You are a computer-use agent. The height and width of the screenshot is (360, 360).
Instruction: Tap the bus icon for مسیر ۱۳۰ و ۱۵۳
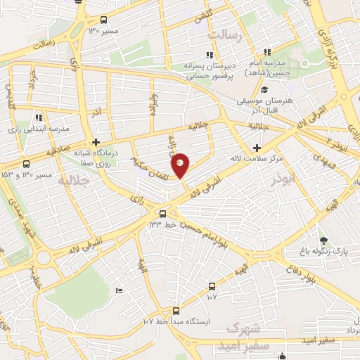tap(26, 164)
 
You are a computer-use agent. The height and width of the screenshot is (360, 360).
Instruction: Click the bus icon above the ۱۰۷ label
tap(212, 286)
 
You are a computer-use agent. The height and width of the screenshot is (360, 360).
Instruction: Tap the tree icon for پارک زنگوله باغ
tap(323, 241)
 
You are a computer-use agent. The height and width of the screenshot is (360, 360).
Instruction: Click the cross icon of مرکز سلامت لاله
tap(257, 148)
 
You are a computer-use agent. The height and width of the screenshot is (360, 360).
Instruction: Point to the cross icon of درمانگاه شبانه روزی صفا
tap(96, 141)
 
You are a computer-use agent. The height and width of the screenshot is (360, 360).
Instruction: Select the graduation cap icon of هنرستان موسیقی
tap(264, 90)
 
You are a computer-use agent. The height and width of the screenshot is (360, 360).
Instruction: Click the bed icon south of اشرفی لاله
tap(119, 290)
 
